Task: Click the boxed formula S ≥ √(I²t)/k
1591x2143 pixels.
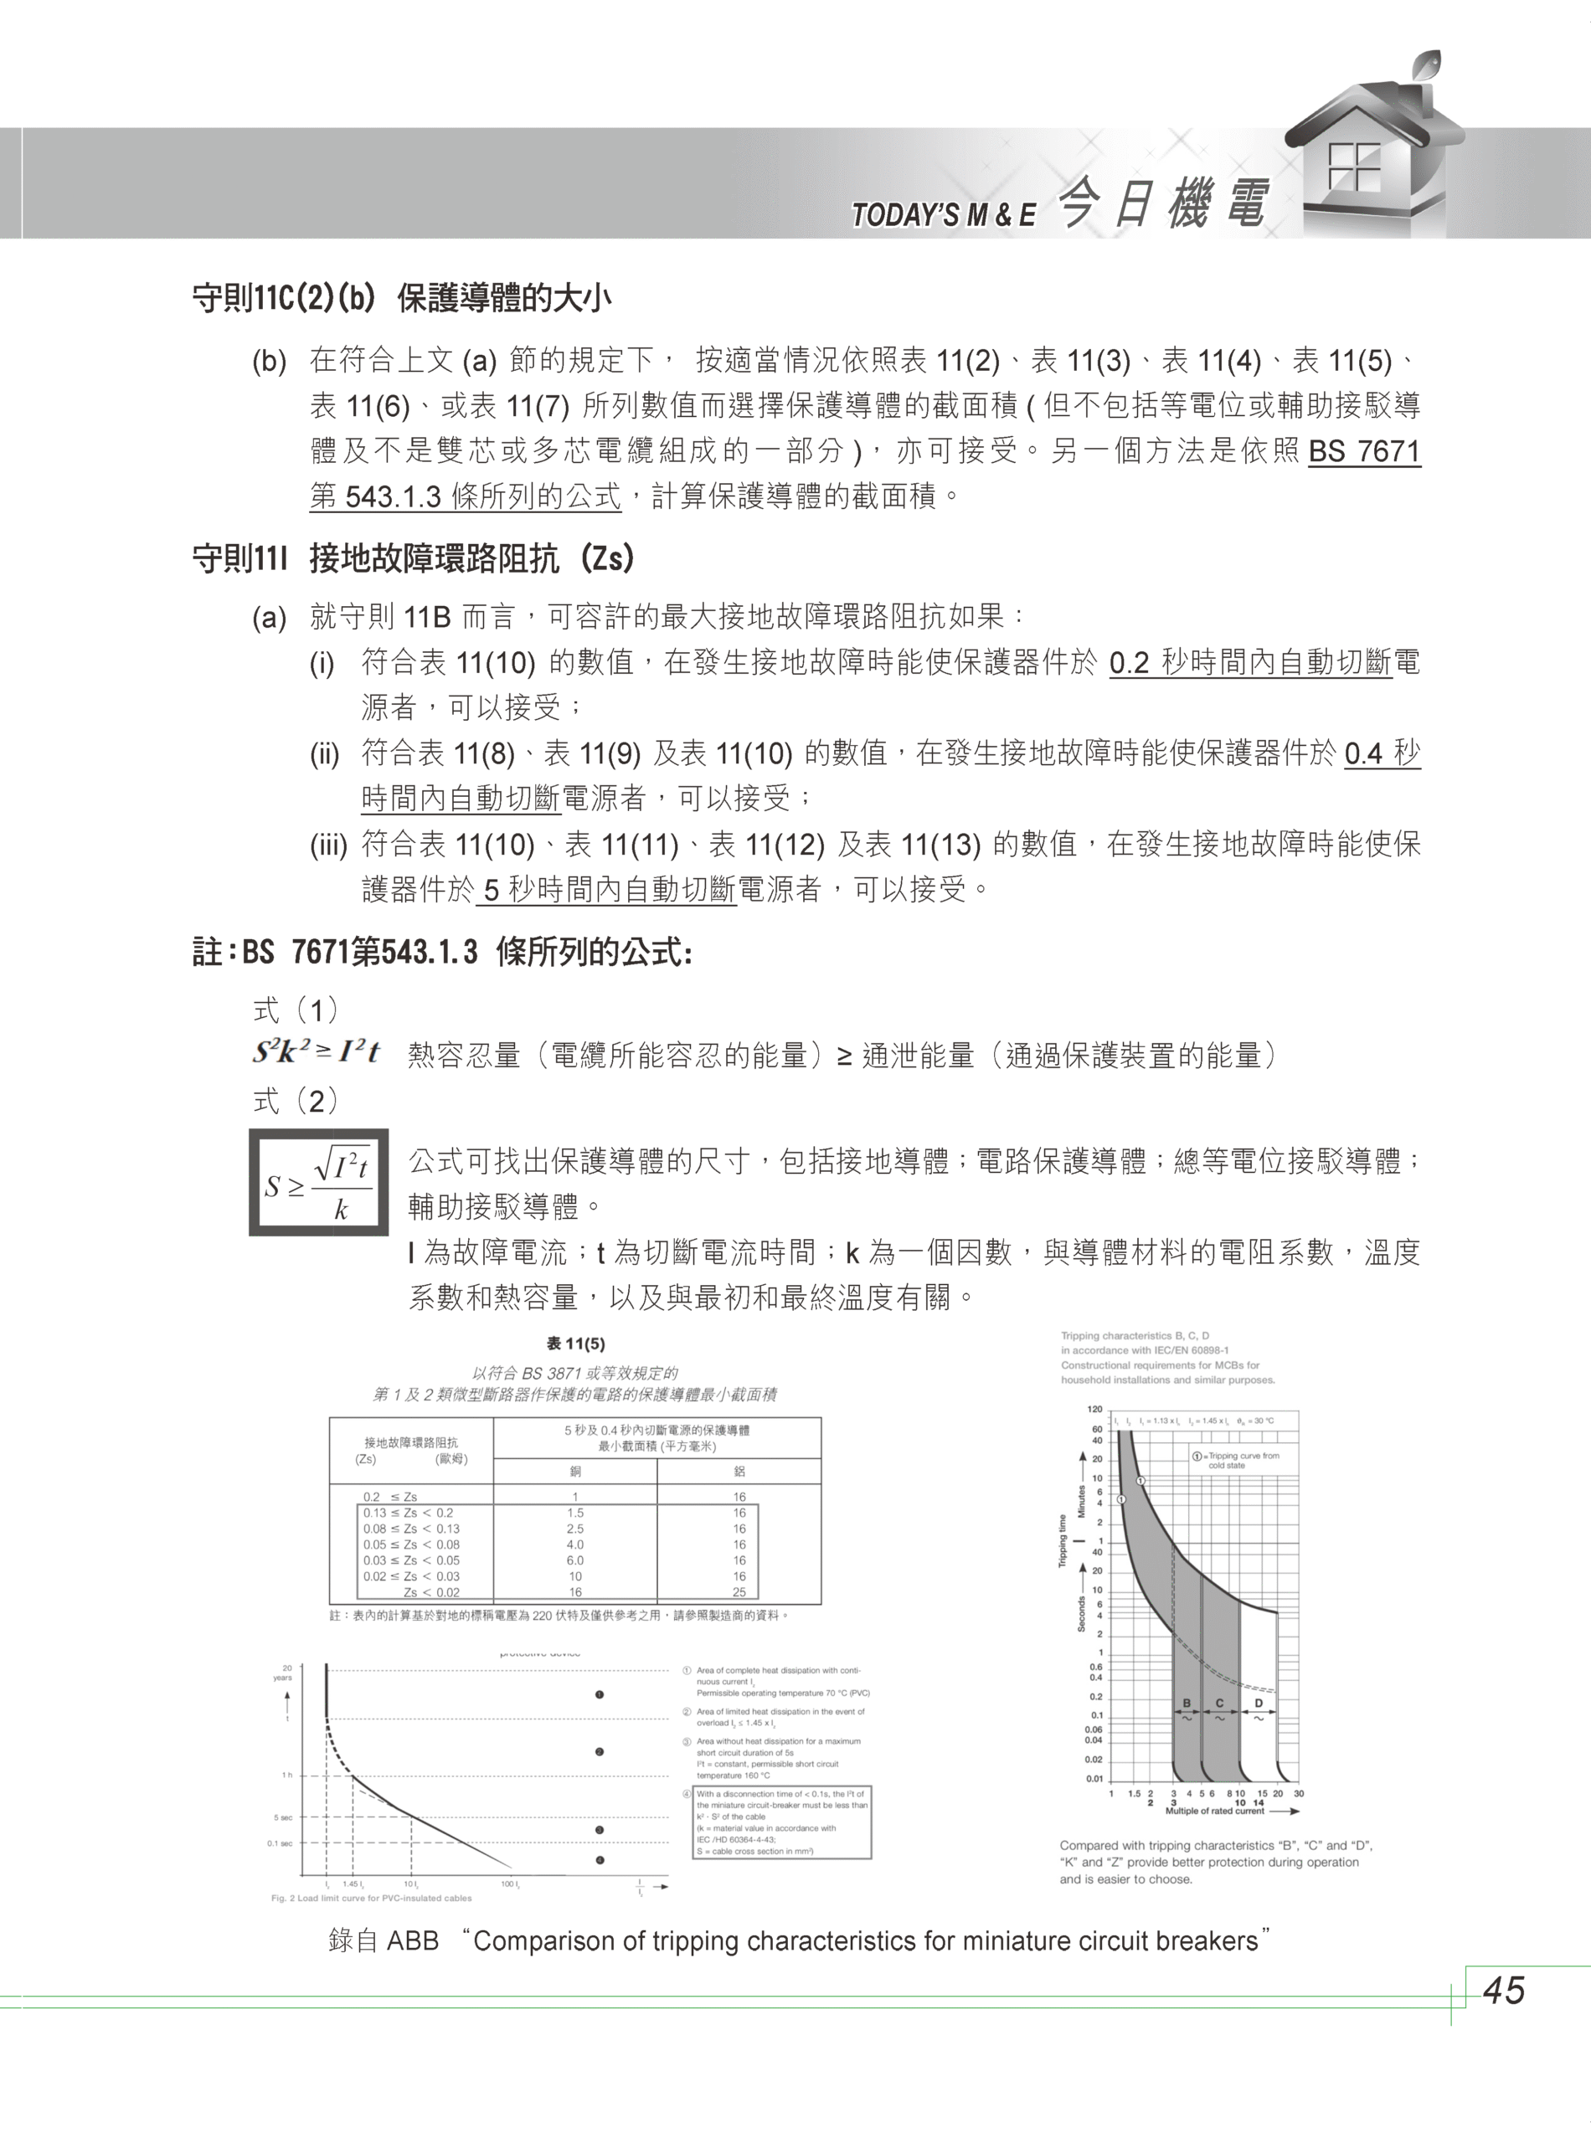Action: click(x=319, y=1182)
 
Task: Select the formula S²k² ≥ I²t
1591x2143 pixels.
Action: click(x=317, y=1052)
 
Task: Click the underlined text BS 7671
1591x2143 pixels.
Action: click(x=1364, y=451)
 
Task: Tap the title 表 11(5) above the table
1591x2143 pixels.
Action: click(x=575, y=1344)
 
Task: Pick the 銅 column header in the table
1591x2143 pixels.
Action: click(x=575, y=1471)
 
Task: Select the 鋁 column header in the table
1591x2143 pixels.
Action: click(x=739, y=1471)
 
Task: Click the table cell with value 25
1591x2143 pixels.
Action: click(x=739, y=1592)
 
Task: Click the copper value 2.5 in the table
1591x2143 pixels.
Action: click(x=575, y=1529)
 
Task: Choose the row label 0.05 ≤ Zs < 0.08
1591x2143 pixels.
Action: click(x=411, y=1544)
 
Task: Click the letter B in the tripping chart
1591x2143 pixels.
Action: click(x=1187, y=1703)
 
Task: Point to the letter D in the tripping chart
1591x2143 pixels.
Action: click(x=1258, y=1703)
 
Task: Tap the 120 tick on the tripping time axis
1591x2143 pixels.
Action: click(x=1096, y=1410)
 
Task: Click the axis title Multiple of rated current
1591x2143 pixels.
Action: click(x=1214, y=1811)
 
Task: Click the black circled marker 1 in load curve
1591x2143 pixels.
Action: click(x=599, y=1694)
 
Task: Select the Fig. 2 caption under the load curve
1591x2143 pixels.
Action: click(x=372, y=1899)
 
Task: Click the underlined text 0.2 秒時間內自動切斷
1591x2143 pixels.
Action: click(x=1250, y=663)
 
